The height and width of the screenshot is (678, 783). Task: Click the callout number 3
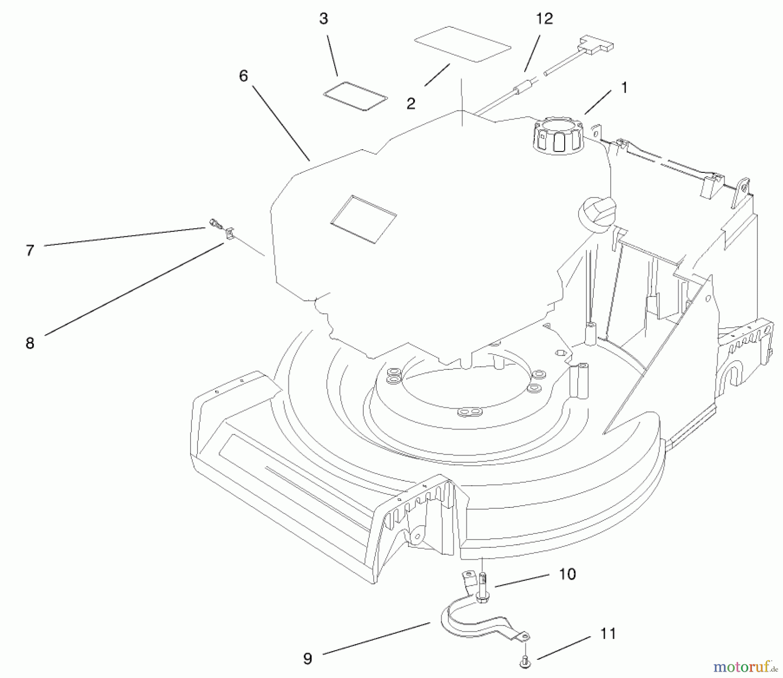(323, 19)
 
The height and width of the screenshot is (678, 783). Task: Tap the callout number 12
(544, 19)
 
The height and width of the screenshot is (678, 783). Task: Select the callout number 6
(243, 76)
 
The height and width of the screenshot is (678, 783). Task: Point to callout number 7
(30, 251)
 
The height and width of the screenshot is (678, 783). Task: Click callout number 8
(30, 343)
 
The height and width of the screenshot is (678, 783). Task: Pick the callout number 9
(308, 658)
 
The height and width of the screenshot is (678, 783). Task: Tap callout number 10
(567, 574)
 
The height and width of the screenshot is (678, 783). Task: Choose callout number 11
(608, 634)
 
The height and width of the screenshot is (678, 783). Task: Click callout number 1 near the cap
(624, 88)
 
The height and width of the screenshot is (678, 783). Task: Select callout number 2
(411, 104)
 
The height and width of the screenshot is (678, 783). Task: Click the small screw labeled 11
(525, 663)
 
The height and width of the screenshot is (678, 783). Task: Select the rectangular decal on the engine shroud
(363, 218)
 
